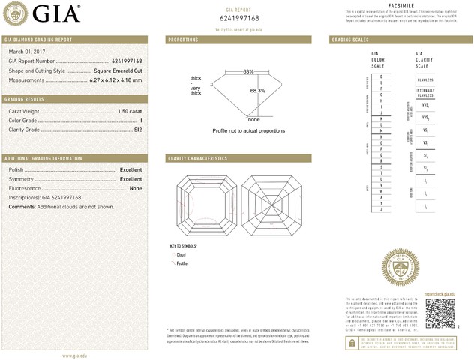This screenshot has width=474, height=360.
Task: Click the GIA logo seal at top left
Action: click(x=16, y=13)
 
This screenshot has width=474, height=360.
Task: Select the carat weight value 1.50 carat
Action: click(x=130, y=111)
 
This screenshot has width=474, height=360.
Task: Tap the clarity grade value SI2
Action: click(x=136, y=129)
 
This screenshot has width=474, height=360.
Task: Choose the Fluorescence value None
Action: click(x=135, y=188)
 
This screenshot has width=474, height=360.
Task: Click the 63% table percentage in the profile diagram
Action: click(x=248, y=71)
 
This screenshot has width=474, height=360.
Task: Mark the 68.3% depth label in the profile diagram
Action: click(x=258, y=91)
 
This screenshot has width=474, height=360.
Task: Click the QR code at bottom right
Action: click(x=439, y=313)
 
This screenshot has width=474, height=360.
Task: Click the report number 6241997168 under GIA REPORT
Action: click(x=238, y=16)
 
